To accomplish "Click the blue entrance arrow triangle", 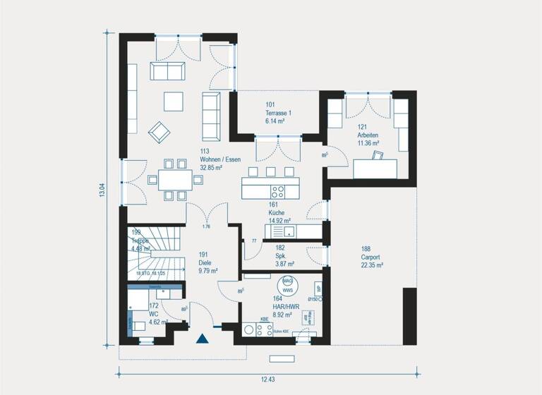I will [x=203, y=338].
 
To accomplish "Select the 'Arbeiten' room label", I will [x=368, y=135].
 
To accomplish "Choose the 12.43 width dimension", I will [x=267, y=379].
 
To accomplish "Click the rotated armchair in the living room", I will [x=159, y=132].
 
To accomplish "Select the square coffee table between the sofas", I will [x=173, y=102].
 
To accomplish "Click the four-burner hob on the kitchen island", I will [x=279, y=190].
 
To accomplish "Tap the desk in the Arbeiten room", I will [x=375, y=169].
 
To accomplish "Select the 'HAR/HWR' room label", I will [x=286, y=307].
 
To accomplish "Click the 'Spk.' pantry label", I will [x=280, y=255].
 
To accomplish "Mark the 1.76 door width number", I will [x=207, y=226].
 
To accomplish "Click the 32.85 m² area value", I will [x=211, y=168].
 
